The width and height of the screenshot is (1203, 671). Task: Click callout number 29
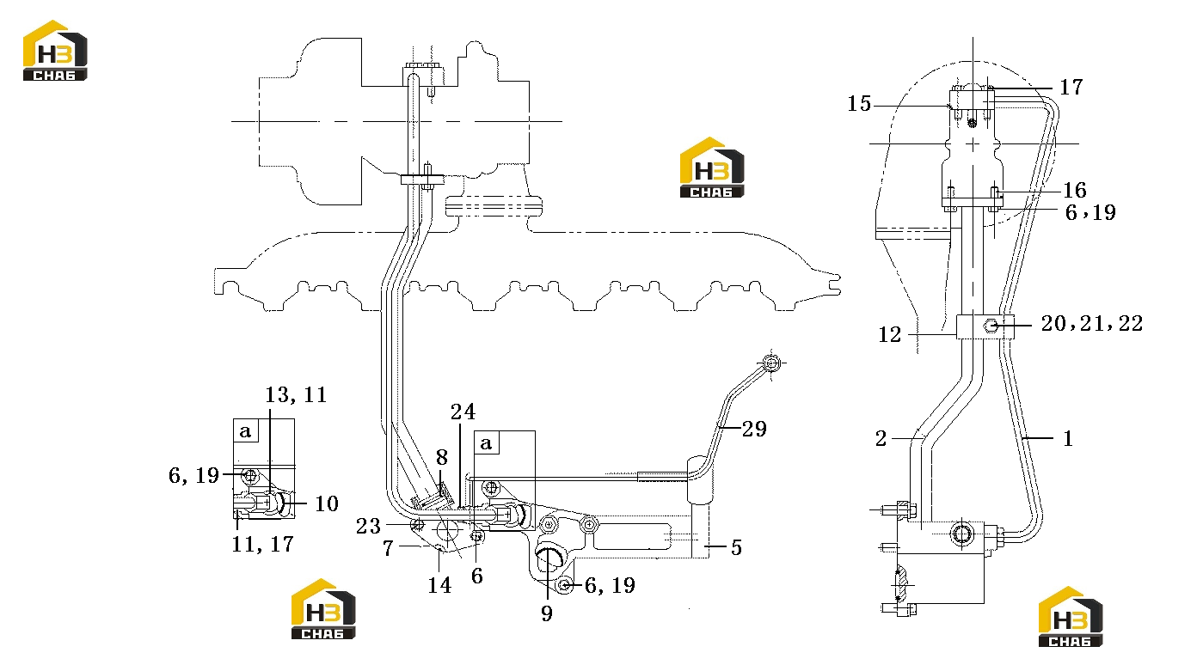pos(754,429)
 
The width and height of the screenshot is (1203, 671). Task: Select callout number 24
pos(463,412)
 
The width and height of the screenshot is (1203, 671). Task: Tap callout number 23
pos(368,526)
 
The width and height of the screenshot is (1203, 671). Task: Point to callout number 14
pos(439,585)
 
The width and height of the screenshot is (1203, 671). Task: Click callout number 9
pos(547,613)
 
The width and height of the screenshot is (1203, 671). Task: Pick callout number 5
pos(736,547)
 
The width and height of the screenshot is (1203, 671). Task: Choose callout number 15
pos(859,104)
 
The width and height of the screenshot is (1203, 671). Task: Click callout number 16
pos(1075,190)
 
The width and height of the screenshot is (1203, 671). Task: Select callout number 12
pos(889,334)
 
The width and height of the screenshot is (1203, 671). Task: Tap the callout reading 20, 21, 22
pos(1092,323)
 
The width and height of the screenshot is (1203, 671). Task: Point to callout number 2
pos(881,438)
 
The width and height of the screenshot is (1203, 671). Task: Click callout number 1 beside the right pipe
pos(1068,438)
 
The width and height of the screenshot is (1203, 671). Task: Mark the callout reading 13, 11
pos(296,395)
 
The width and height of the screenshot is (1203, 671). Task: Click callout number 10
pos(327,503)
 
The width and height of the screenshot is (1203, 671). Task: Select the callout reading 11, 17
pos(262,545)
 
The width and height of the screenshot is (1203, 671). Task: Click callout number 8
pos(441,457)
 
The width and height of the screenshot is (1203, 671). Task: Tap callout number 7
pos(389,548)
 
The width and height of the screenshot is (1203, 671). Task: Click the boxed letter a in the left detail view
pos(245,431)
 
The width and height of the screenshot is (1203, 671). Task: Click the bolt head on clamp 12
pos(991,326)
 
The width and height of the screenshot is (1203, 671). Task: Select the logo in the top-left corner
pos(55,51)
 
